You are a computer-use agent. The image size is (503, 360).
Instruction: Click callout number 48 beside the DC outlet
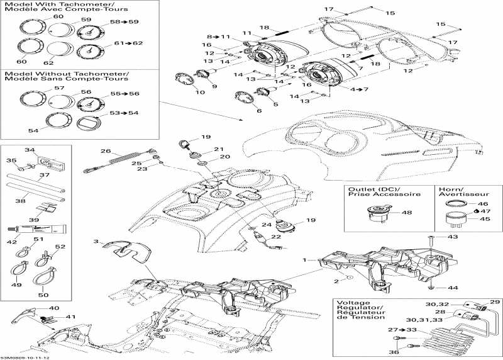coord(408,213)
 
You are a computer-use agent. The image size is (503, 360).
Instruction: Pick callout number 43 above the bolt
coord(453,237)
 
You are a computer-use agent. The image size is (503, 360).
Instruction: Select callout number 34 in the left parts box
coord(29,150)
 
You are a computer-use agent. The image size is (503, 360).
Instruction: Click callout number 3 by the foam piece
coord(96,242)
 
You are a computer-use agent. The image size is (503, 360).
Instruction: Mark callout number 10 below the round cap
coord(201,93)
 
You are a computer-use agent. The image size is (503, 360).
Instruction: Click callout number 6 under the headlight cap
coord(259,111)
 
